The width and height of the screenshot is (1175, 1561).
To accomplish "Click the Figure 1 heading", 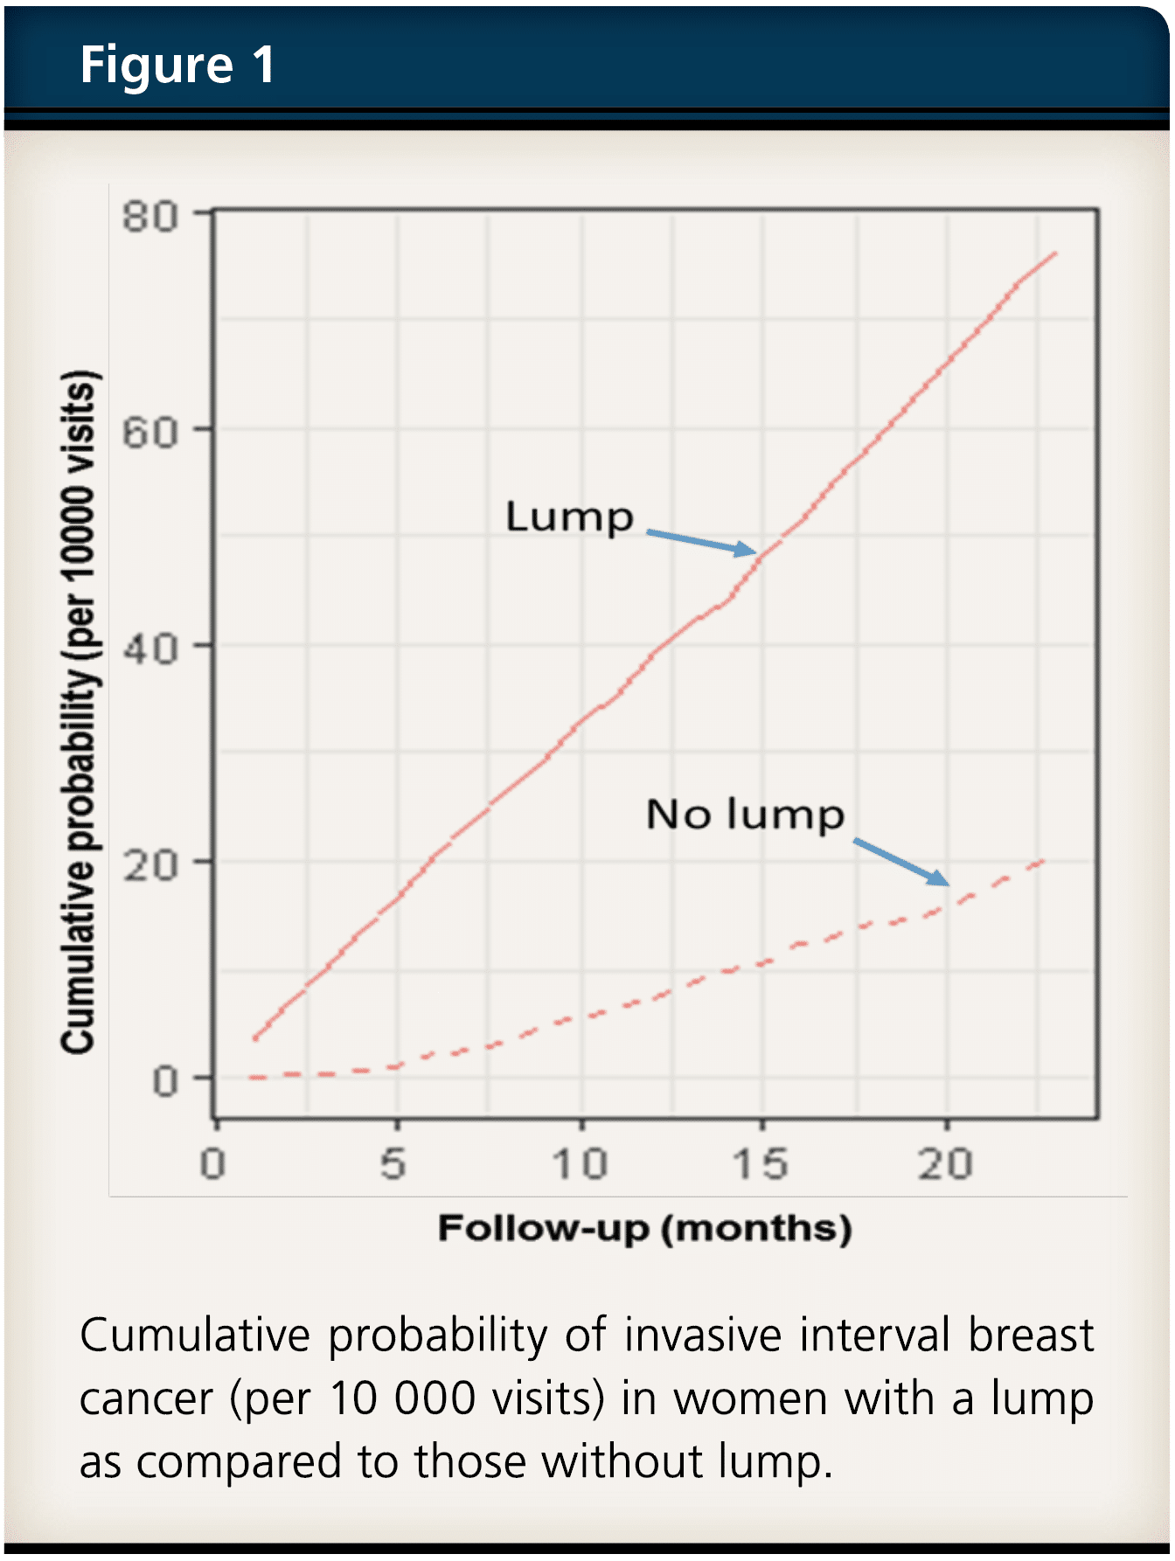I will (177, 66).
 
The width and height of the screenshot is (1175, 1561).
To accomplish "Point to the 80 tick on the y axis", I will (149, 216).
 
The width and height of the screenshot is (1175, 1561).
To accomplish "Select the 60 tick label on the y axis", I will (149, 431).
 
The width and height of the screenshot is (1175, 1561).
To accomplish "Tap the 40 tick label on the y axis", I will (149, 648).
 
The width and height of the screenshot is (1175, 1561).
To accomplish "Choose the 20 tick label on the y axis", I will (149, 864).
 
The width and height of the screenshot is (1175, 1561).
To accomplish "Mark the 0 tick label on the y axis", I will (164, 1081).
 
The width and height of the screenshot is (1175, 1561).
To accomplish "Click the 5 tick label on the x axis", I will (393, 1164).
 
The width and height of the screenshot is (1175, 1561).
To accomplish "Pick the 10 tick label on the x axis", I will (580, 1164).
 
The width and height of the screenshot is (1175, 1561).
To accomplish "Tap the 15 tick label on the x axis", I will (761, 1164).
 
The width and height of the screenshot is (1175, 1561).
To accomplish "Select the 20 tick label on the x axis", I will (945, 1164).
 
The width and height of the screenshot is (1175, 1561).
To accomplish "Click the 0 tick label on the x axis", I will (212, 1164).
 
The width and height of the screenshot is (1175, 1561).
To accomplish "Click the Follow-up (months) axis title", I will (644, 1228).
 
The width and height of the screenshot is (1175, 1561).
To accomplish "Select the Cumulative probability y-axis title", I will (78, 712).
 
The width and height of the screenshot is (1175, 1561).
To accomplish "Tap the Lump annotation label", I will (569, 517).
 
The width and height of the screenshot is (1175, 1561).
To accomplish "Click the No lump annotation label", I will (745, 815).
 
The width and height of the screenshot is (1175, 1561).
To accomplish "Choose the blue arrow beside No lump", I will (900, 862).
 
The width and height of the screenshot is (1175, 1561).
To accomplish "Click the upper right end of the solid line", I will (1055, 253).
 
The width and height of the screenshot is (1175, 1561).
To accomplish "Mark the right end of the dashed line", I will (1043, 862).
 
